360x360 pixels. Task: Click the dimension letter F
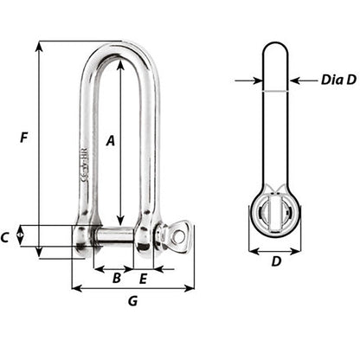point(24,137)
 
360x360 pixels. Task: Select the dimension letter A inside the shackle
point(110,138)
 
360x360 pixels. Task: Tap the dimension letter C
point(7,236)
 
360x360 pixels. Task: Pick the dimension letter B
point(117,278)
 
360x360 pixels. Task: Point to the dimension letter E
point(144,278)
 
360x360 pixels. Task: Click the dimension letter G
point(132,301)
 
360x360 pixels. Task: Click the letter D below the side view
point(275,261)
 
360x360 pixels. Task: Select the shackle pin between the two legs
point(117,235)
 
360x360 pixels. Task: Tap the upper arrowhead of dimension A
point(119,61)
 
